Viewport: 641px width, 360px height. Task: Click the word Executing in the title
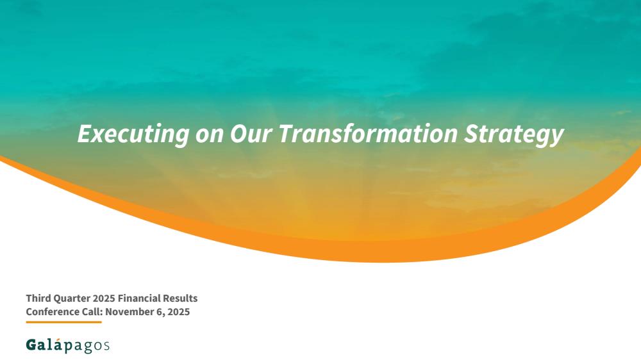point(133,134)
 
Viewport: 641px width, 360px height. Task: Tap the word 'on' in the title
point(210,135)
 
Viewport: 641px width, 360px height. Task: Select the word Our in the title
point(250,134)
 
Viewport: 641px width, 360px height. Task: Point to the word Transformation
point(367,133)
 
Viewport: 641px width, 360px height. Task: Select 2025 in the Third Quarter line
point(104,299)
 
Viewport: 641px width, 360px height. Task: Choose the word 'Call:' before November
point(92,312)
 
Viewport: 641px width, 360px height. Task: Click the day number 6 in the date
point(160,312)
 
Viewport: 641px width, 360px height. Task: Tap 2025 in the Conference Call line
point(179,312)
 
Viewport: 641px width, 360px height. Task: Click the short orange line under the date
point(63,322)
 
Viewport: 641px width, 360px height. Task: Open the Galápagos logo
point(67,345)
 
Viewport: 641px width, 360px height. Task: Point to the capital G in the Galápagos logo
point(31,345)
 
